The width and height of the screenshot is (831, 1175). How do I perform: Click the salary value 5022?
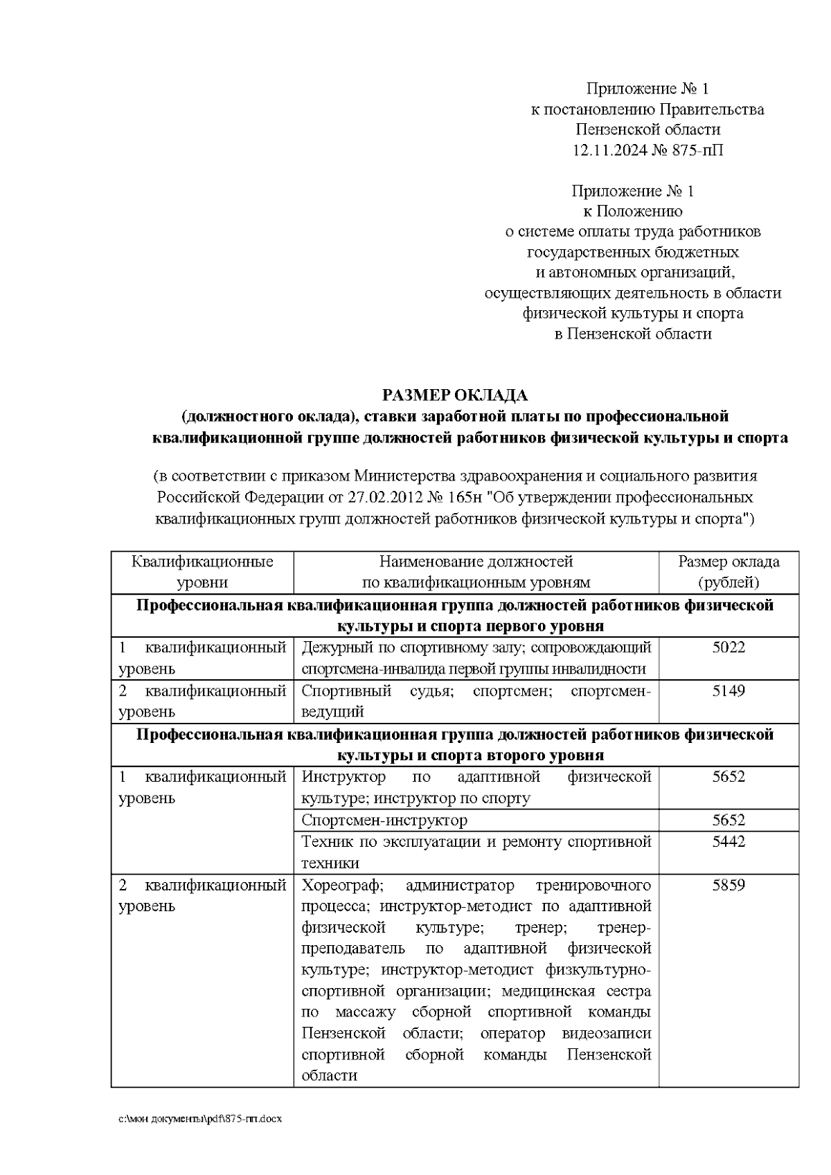[x=729, y=647]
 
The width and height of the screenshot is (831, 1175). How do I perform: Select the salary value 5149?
[x=729, y=690]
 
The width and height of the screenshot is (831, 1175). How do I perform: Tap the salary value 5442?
[x=729, y=841]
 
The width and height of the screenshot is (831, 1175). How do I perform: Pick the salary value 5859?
[x=729, y=885]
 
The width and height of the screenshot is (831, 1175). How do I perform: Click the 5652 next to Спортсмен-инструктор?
[x=729, y=820]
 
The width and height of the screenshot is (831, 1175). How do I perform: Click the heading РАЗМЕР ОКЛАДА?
[x=455, y=395]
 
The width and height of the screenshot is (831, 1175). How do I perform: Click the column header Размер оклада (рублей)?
[x=729, y=572]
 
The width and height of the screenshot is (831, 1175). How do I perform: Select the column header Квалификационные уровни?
[x=202, y=572]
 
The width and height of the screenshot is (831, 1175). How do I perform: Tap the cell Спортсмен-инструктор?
[x=384, y=820]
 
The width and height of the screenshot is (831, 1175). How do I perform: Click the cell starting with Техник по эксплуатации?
[x=476, y=852]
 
